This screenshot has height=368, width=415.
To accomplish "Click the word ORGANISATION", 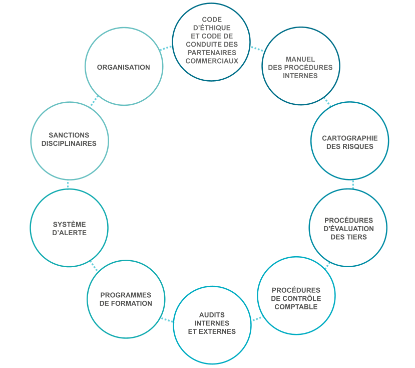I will [x=123, y=67].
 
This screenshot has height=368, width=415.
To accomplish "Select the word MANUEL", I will [x=300, y=59].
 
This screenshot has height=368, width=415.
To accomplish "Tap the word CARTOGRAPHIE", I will [x=349, y=138].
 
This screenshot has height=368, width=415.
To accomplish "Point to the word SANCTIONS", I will [x=69, y=135].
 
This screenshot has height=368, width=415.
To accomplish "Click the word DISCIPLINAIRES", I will [x=69, y=143].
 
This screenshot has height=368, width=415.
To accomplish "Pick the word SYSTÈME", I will [x=69, y=224].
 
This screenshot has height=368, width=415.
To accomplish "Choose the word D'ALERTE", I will [x=69, y=233].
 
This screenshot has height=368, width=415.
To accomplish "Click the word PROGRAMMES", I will [x=126, y=295].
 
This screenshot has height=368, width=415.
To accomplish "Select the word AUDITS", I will [x=212, y=315].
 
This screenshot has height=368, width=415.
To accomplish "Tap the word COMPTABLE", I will [x=296, y=307].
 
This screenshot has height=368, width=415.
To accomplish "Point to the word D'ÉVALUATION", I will [x=349, y=229].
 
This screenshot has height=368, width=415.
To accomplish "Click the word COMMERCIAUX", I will [x=212, y=61].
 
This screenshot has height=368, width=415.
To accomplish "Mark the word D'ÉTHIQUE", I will [x=212, y=28].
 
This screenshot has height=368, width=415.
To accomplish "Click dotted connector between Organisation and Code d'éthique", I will [x=167, y=48].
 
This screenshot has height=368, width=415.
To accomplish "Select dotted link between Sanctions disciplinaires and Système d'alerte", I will [x=69, y=184].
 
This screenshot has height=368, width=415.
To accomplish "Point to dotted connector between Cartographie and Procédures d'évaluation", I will [x=352, y=184].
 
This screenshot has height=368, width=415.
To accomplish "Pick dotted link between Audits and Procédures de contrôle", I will [x=255, y=318].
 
